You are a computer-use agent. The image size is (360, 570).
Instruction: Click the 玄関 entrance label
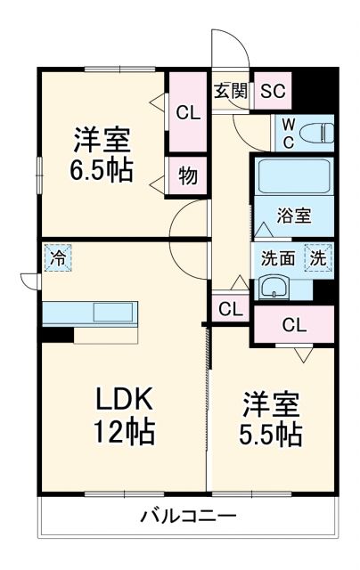[x=231, y=90]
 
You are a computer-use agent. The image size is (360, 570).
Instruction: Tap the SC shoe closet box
[x=274, y=90]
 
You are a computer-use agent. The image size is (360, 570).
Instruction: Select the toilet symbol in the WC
[x=315, y=133]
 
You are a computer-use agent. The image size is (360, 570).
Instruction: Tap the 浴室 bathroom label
[x=293, y=216]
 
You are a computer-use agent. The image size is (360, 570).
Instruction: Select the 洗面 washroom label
[x=277, y=259]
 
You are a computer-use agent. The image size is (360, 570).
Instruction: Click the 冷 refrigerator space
[x=57, y=259]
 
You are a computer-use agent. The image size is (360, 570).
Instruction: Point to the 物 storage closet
[x=187, y=175]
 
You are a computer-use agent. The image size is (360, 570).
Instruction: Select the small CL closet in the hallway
[x=230, y=310]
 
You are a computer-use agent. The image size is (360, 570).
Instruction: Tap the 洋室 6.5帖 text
[x=102, y=154]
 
